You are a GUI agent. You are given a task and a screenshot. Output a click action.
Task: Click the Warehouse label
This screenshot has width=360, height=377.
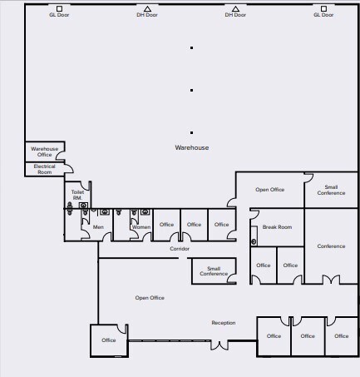tap(191, 147)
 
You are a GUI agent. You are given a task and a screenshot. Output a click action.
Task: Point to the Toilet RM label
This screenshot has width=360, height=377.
tap(77, 195)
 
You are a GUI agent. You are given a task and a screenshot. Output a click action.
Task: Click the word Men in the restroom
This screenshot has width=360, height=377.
tap(98, 226)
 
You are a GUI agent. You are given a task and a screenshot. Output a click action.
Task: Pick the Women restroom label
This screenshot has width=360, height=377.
tap(141, 226)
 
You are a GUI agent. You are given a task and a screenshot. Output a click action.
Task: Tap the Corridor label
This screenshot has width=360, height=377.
tap(180, 249)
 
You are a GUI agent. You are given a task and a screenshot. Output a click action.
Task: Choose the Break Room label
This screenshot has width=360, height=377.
tap(277, 227)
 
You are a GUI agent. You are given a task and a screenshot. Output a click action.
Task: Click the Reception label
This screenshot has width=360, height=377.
tap(223, 323)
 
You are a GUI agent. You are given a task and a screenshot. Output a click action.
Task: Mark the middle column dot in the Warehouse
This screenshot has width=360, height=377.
tap(192, 90)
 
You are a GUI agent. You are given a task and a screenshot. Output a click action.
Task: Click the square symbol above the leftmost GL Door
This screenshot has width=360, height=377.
tap(59, 8)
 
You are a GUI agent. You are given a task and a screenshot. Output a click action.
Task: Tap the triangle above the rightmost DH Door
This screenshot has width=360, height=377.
tap(235, 8)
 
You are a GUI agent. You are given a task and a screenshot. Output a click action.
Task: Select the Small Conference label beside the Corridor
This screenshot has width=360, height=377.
tap(214, 270)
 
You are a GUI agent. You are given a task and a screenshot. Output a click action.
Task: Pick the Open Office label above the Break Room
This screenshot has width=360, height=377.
tap(269, 190)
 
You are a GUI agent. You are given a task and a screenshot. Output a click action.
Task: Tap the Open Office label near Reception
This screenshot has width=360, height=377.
tap(150, 298)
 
